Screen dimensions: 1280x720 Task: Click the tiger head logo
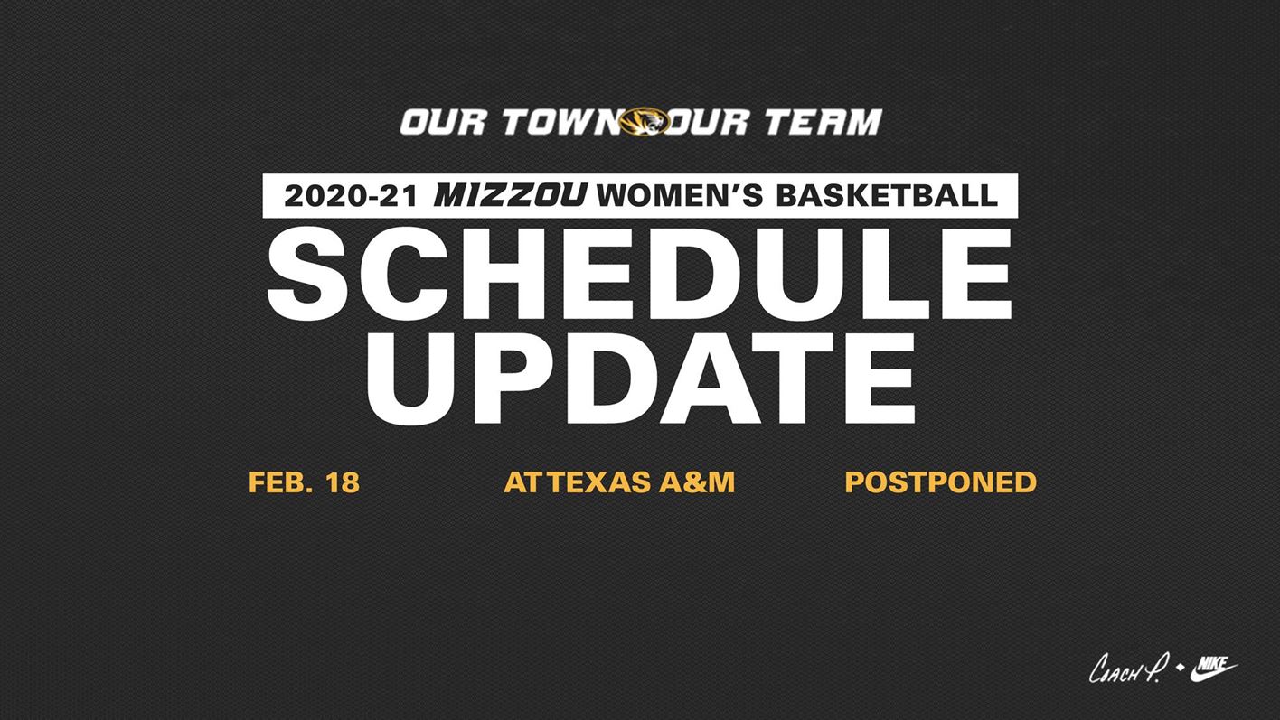pos(644,122)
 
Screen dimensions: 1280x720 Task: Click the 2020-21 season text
pos(351,196)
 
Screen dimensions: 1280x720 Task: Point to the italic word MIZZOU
pos(511,195)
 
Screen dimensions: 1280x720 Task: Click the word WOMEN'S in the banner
pos(680,195)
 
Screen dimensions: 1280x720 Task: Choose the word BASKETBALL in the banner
pos(886,195)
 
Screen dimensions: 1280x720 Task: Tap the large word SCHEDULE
pos(639,274)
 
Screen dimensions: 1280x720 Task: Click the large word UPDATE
pos(641,378)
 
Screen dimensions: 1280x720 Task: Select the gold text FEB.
pos(280,482)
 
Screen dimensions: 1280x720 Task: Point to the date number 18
pos(343,482)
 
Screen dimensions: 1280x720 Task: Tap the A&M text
pos(697,482)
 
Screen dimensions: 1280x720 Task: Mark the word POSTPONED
pos(941,482)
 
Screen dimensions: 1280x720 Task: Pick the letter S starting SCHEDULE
pos(308,274)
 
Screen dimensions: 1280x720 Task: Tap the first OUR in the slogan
pos(444,122)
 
